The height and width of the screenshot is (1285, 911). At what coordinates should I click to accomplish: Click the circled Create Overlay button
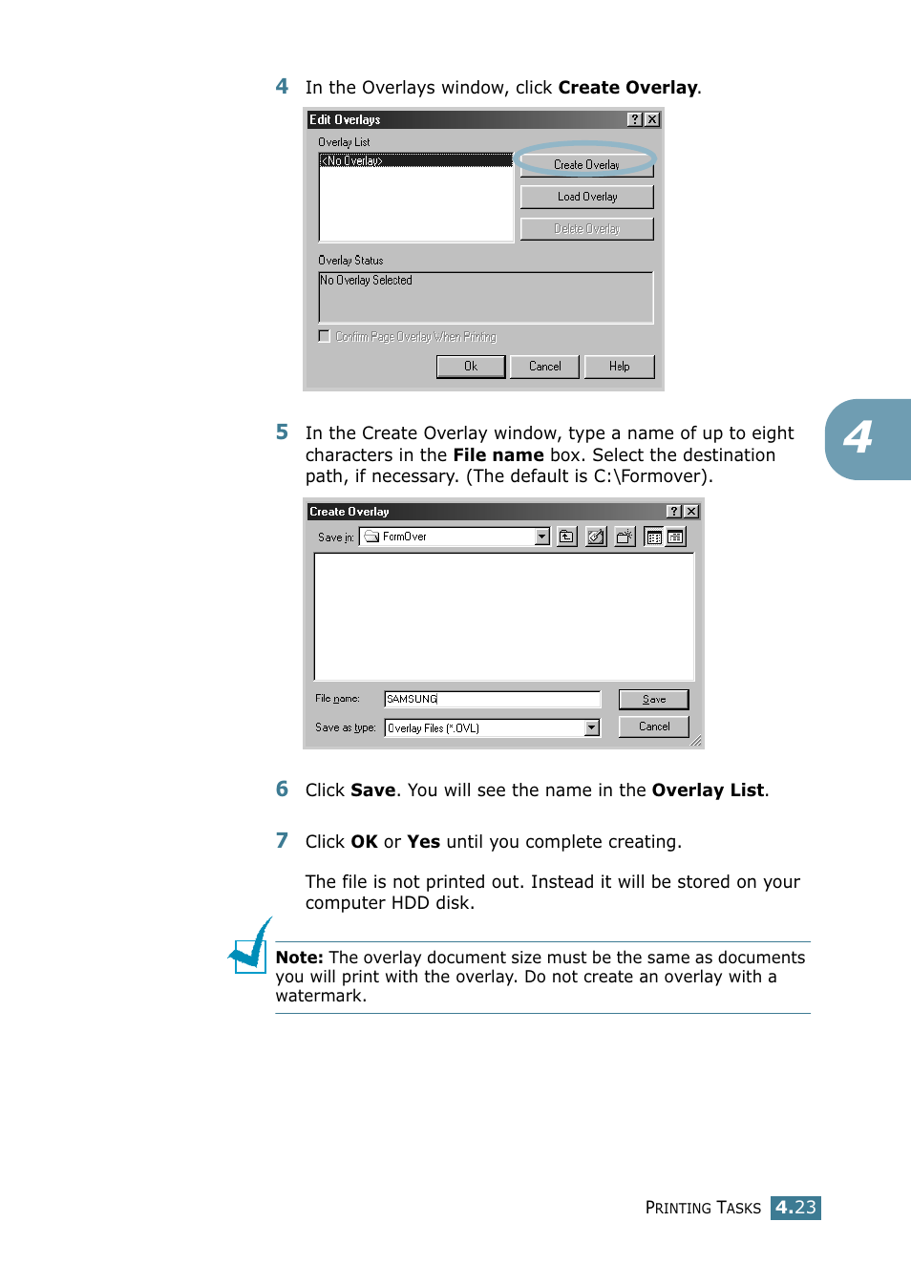[x=586, y=165]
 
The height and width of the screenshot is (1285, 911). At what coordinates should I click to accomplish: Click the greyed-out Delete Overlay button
[x=586, y=229]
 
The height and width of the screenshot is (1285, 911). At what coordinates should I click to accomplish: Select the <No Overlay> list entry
[x=415, y=160]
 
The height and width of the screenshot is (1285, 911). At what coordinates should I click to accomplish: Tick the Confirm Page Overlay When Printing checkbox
[x=325, y=336]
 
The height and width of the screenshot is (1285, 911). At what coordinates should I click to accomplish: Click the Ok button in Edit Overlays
[x=470, y=367]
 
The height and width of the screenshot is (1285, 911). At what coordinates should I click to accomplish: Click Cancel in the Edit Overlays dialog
[x=544, y=367]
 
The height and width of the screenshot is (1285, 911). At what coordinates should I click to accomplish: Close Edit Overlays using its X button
[x=652, y=119]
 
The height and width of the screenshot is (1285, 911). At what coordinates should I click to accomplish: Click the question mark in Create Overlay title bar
[x=673, y=512]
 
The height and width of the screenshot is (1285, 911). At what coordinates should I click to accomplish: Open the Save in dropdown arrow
[x=542, y=537]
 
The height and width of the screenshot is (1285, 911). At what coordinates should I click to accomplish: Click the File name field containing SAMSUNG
[x=492, y=699]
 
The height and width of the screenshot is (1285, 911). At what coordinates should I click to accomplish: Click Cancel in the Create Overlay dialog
[x=653, y=727]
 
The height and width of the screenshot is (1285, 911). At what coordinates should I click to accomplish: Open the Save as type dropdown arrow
[x=592, y=727]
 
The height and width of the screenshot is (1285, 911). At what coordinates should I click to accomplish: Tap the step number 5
[x=282, y=432]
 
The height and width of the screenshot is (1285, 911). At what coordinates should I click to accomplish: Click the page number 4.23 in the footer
[x=795, y=1208]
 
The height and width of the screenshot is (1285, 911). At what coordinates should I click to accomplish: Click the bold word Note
[x=299, y=958]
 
